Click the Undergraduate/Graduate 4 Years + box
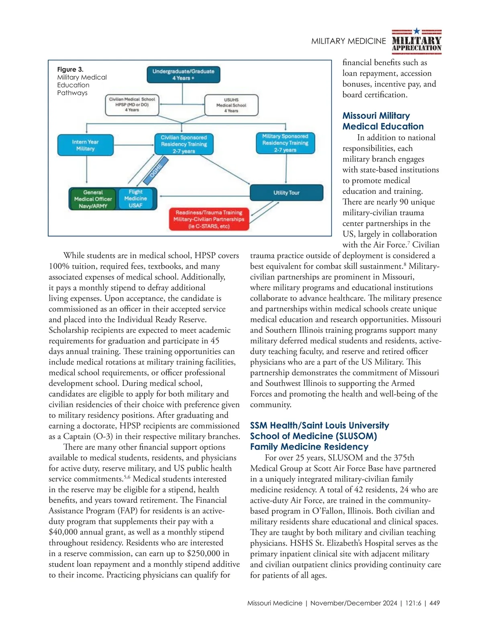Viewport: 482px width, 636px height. tap(183, 75)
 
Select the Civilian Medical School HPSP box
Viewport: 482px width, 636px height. tap(132, 105)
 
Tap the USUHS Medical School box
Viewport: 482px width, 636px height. tap(231, 105)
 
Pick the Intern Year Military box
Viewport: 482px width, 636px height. tap(85, 145)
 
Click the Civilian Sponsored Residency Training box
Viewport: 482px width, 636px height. tap(184, 144)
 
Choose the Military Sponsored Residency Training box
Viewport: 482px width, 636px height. tap(285, 143)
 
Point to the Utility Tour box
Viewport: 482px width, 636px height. tap(286, 193)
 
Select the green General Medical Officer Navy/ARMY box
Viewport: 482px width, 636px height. tap(93, 199)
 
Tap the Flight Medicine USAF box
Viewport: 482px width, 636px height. tap(136, 199)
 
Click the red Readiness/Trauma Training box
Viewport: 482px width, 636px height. tap(209, 219)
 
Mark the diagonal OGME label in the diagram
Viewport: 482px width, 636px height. tap(156, 170)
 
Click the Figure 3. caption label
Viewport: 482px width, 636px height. tap(70, 70)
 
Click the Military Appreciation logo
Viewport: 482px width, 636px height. tap(417, 41)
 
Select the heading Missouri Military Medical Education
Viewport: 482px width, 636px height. tap(383, 121)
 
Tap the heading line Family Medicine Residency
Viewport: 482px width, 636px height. tap(309, 447)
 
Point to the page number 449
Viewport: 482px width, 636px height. tap(435, 603)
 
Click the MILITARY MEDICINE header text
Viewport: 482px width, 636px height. tap(348, 41)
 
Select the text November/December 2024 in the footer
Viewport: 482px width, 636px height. tap(353, 603)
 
